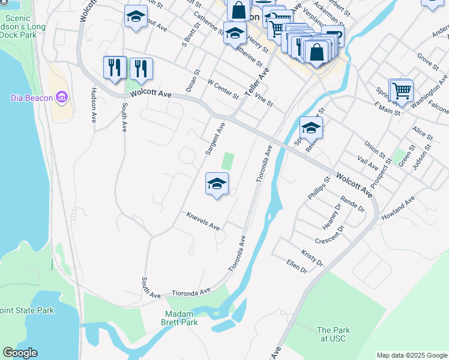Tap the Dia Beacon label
pos(32,97)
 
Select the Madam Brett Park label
pos(181,318)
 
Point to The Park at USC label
pos(333,335)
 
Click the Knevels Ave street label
pos(203,221)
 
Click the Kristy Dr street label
pos(312,259)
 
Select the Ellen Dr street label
pos(297,266)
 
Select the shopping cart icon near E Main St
pos(402,91)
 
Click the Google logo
pos(20,353)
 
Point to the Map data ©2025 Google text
pos(411,355)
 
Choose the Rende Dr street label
pos(352,205)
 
